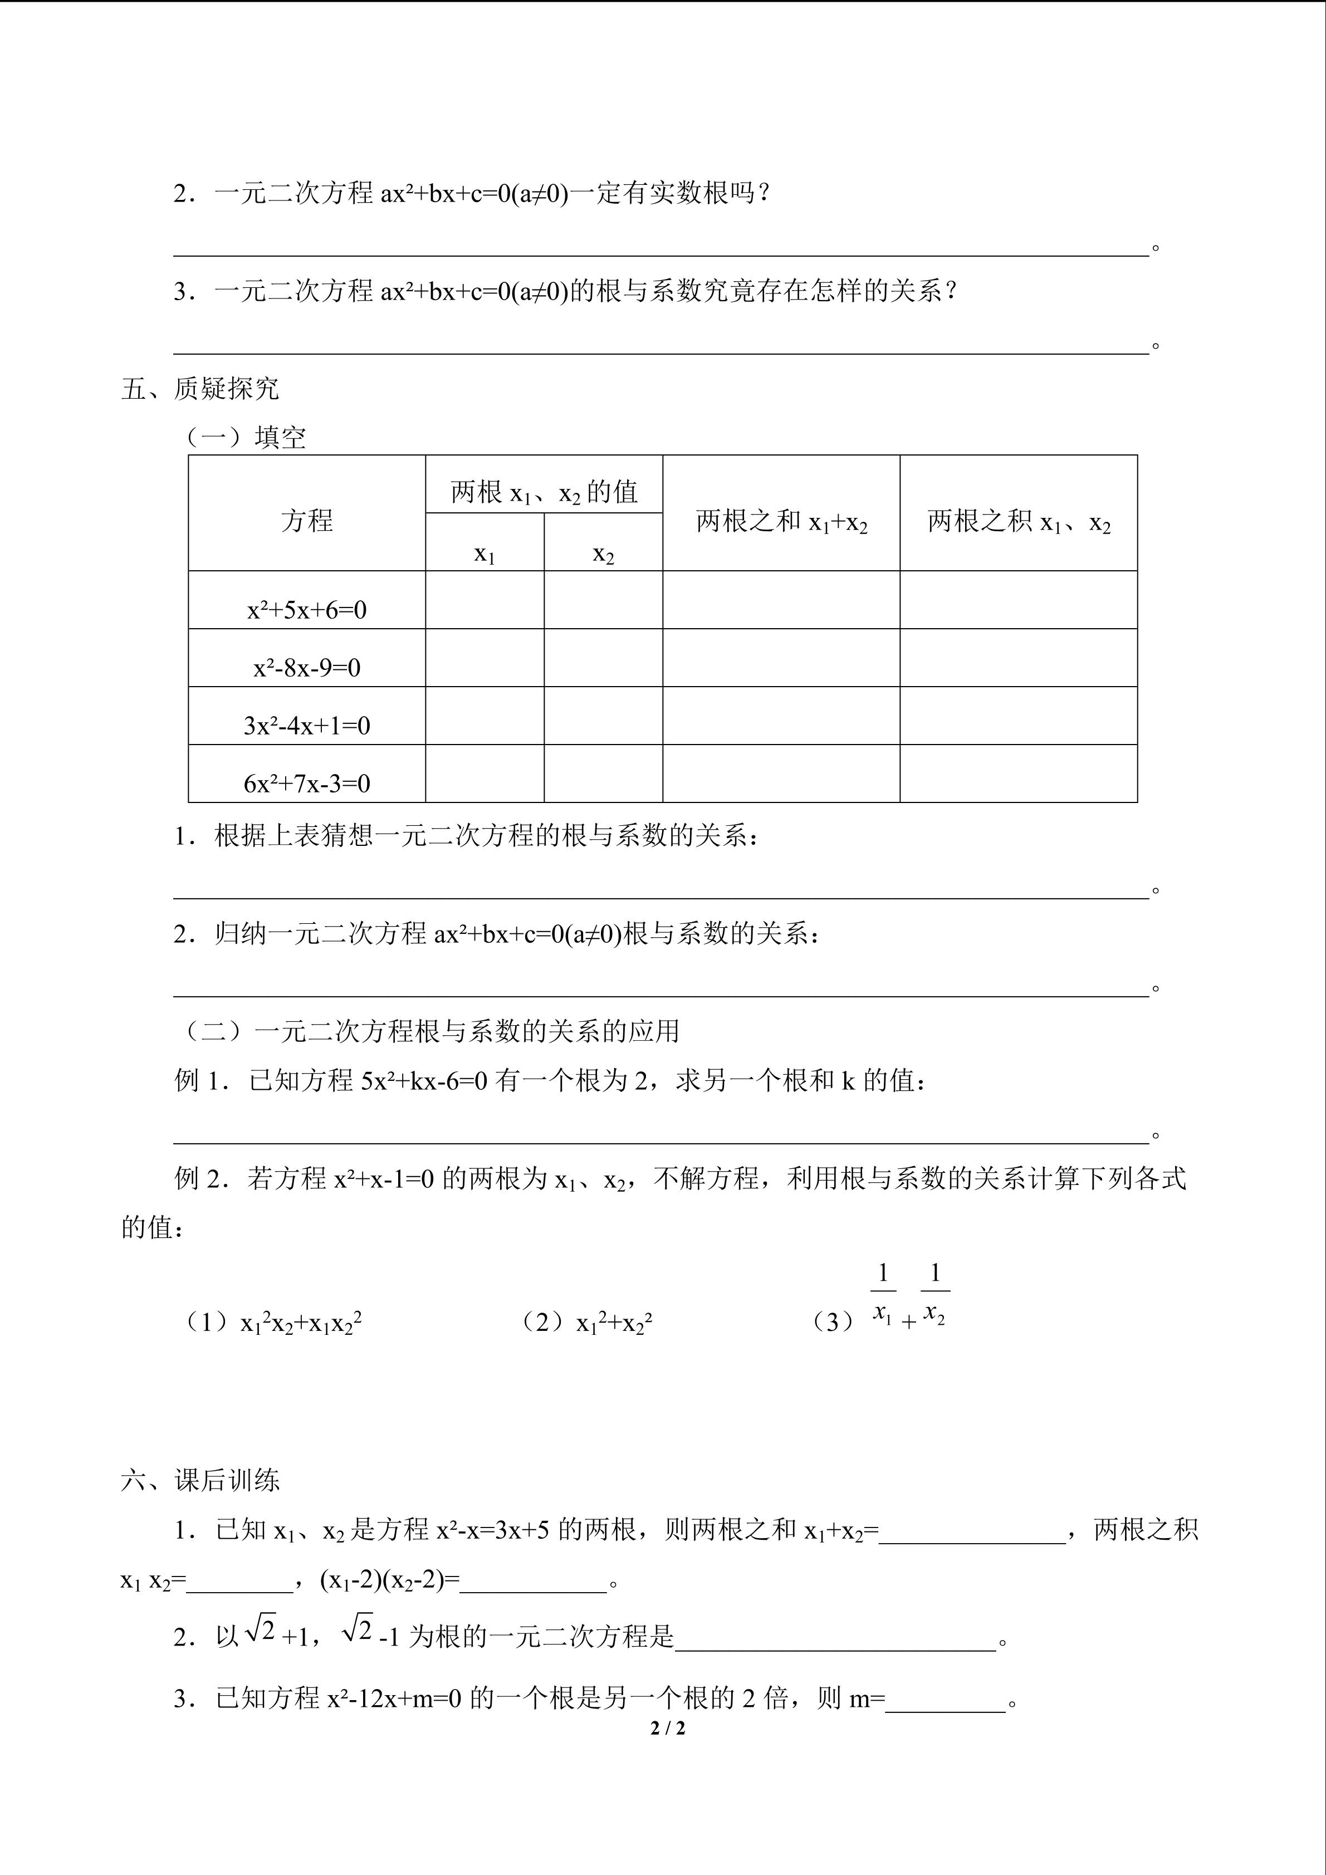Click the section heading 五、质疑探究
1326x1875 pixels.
click(200, 389)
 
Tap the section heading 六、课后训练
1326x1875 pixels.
click(200, 1480)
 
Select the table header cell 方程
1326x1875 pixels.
click(307, 520)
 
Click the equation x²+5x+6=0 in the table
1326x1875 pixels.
click(307, 609)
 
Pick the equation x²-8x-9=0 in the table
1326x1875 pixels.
click(307, 667)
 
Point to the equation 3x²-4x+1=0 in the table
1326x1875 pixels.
click(307, 725)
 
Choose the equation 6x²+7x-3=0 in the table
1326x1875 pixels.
click(307, 783)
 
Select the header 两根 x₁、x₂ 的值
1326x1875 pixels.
click(544, 492)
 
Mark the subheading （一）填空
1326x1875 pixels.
click(245, 438)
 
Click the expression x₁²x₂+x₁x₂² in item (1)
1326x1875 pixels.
click(301, 1322)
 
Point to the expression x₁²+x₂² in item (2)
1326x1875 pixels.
click(614, 1322)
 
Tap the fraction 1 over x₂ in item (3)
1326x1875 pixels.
click(935, 1294)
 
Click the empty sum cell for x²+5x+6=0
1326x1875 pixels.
click(781, 600)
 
